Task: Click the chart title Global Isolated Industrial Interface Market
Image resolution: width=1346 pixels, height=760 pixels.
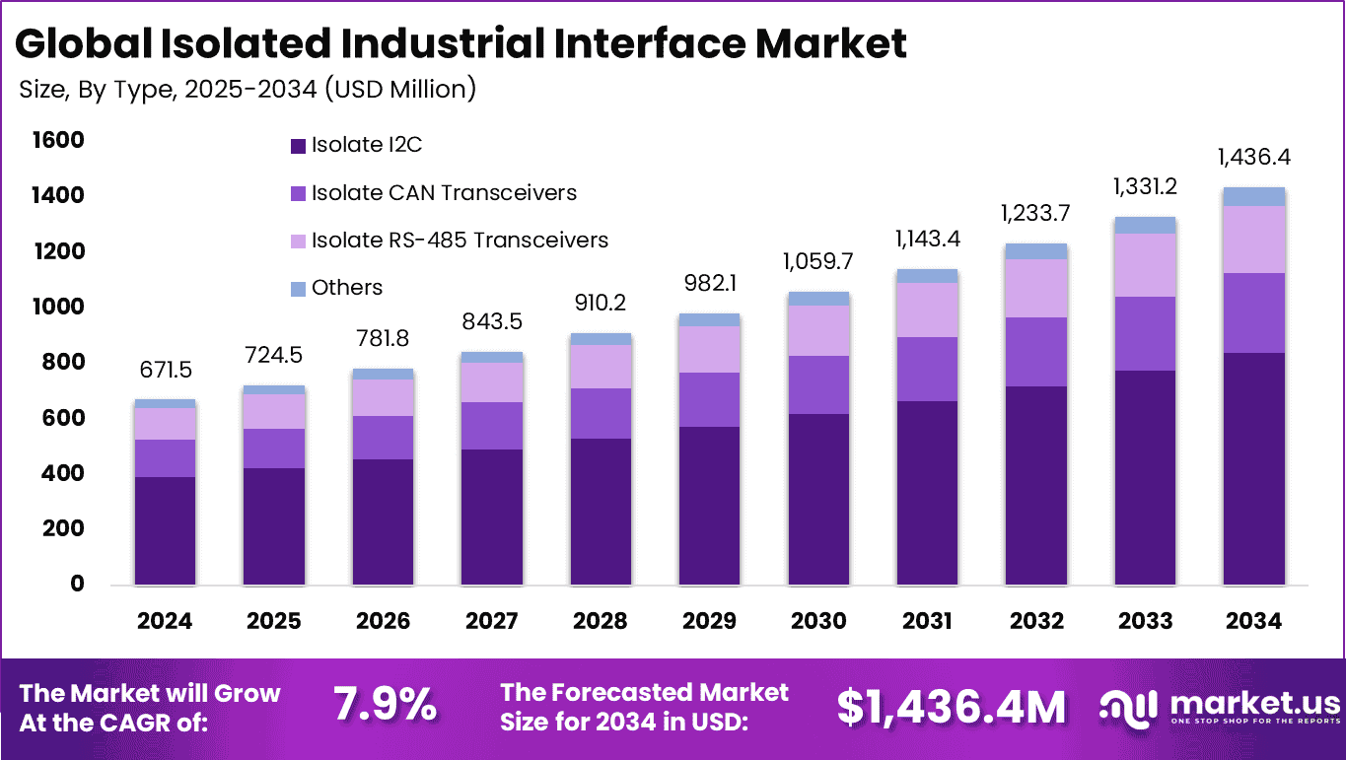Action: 461,43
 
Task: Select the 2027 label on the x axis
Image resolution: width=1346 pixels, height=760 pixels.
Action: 491,621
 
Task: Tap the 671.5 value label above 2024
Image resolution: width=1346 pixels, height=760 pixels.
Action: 165,371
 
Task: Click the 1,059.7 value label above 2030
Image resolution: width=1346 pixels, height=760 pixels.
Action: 818,261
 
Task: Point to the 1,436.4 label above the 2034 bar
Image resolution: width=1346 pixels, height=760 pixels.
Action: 1253,157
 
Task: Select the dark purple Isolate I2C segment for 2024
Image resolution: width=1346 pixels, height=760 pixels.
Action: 165,530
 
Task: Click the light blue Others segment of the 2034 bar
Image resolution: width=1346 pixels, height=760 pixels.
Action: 1253,196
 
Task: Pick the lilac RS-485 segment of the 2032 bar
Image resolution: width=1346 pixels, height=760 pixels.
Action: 1035,288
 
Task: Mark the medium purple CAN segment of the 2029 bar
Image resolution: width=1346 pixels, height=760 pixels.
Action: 709,399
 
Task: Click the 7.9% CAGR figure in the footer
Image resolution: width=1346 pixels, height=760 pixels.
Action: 384,706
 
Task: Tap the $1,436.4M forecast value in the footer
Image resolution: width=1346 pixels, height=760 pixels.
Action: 951,707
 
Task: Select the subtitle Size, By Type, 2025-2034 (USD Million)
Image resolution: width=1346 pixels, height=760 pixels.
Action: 248,90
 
